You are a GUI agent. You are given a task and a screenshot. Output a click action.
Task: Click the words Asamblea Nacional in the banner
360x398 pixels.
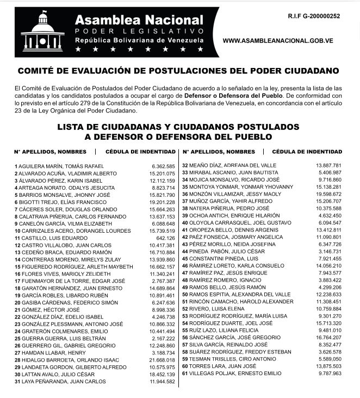(139, 20)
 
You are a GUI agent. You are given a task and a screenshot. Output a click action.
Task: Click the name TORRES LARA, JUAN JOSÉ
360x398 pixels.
(218, 366)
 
